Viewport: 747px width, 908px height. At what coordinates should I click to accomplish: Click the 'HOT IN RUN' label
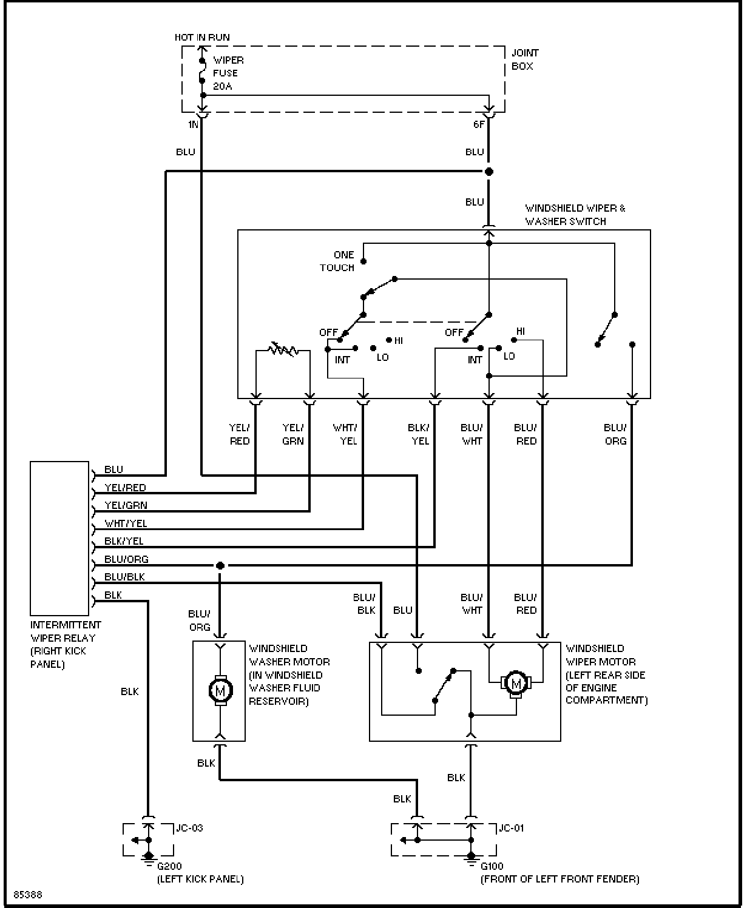point(202,38)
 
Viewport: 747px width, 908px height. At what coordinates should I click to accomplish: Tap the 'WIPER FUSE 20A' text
point(228,73)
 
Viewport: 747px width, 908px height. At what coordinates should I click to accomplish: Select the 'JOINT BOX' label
point(525,59)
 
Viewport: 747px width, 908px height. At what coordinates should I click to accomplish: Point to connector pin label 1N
point(193,124)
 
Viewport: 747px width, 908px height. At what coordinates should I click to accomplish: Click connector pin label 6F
point(479,124)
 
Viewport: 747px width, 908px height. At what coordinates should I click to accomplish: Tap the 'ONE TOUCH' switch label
point(337,261)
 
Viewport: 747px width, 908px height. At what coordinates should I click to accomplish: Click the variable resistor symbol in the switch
point(283,349)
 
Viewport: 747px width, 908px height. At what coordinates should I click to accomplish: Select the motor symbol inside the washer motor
point(220,691)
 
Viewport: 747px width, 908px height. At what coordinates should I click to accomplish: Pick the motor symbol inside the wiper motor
point(516,684)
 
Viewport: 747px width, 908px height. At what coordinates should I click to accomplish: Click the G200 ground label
point(169,866)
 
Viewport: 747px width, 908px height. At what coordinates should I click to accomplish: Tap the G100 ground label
point(492,866)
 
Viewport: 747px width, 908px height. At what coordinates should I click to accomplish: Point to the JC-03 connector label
point(189,828)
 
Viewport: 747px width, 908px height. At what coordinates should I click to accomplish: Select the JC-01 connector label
point(511,828)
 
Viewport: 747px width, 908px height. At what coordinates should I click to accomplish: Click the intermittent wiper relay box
point(59,538)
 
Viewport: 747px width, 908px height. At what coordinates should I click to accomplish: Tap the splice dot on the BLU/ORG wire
point(220,565)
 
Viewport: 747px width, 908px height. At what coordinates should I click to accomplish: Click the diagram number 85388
point(28,895)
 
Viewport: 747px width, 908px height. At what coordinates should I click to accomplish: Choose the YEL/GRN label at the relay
point(126,505)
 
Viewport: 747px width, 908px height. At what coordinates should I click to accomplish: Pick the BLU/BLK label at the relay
point(124,577)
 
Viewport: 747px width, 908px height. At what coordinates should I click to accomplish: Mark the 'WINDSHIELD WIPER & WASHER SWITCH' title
point(575,214)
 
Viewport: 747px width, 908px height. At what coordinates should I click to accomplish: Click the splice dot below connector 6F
point(488,172)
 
